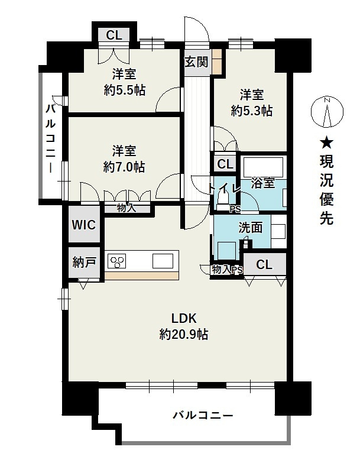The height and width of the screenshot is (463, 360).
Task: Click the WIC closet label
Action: coord(84,225)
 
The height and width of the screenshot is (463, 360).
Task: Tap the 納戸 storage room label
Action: coord(84,262)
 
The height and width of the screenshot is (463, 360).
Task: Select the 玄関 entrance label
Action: coord(196,62)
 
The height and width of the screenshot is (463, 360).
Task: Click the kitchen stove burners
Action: coord(117,261)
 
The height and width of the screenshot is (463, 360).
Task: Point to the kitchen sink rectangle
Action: coord(163,261)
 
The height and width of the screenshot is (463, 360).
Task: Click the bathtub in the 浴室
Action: coord(262,166)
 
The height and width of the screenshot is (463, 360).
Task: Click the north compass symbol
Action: coord(327,112)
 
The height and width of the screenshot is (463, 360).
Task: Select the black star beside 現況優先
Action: coord(327,144)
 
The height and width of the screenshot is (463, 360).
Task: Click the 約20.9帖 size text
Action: coord(184,334)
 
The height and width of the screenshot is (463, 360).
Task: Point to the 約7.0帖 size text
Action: coord(124,167)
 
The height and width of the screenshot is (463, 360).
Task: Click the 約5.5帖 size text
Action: coord(125,90)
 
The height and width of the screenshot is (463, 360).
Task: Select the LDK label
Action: coord(184,318)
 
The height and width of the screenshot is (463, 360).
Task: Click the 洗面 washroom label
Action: coord(250,228)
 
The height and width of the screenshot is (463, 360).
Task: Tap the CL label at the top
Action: coord(114,35)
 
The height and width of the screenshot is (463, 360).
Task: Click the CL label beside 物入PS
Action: coord(264,264)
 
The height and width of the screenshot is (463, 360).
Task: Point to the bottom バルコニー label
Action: coord(203,416)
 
